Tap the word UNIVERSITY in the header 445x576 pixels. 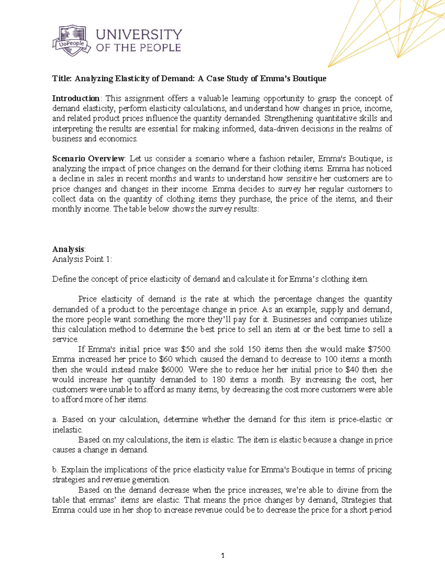139,34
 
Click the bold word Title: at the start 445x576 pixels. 62,78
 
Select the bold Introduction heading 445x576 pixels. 76,98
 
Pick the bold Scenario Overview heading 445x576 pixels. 89,159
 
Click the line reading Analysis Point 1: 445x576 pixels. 82,259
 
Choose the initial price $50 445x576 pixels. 188,349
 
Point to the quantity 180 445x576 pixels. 219,379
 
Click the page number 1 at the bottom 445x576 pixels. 222,556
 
